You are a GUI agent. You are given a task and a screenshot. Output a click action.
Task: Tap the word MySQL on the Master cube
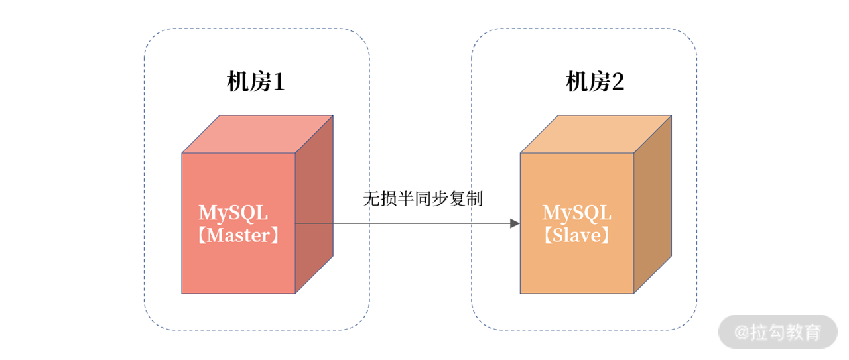233,213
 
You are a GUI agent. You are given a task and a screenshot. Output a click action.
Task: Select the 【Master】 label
238,235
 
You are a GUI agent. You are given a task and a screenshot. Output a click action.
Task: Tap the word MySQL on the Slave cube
576,213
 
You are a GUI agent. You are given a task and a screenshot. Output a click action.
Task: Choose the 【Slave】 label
576,235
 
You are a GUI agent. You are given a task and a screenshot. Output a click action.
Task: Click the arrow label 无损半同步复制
423,198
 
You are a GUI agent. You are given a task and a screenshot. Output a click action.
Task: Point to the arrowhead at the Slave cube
515,223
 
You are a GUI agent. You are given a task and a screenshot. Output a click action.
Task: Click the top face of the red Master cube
257,134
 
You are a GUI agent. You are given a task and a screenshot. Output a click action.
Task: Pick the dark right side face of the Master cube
314,206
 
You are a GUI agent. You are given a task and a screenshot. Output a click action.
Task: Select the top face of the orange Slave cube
596,134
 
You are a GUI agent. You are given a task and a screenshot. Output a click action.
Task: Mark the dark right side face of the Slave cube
652,206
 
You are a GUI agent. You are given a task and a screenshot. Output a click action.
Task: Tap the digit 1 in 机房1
279,83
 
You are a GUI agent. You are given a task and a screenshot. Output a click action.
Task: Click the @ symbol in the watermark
740,332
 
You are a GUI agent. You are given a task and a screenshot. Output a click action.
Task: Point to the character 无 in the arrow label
371,198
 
